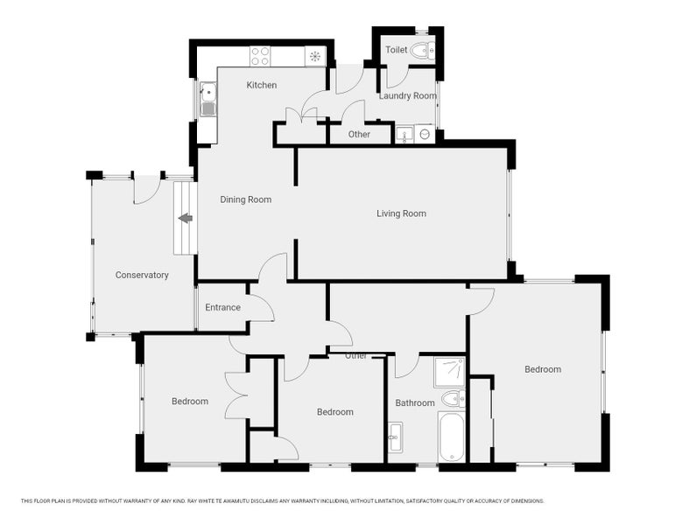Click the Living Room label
pyautogui.click(x=401, y=213)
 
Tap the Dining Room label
pyautogui.click(x=245, y=199)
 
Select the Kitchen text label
pyautogui.click(x=262, y=85)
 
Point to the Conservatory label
pyautogui.click(x=142, y=275)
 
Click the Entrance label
pyautogui.click(x=222, y=307)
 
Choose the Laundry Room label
pyautogui.click(x=407, y=96)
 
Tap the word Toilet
pyautogui.click(x=396, y=50)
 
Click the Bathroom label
pyautogui.click(x=415, y=403)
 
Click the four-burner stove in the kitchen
pyautogui.click(x=260, y=56)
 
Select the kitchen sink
pyautogui.click(x=207, y=99)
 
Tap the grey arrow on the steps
pyautogui.click(x=185, y=219)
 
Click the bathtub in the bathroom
pyautogui.click(x=452, y=437)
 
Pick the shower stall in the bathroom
pyautogui.click(x=449, y=372)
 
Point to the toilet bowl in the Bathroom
pyautogui.click(x=453, y=398)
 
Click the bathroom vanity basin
pyautogui.click(x=395, y=437)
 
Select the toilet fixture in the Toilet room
pyautogui.click(x=423, y=51)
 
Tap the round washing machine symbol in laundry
pyautogui.click(x=425, y=134)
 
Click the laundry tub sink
pyautogui.click(x=404, y=135)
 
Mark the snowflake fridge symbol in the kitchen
pyautogui.click(x=315, y=56)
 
